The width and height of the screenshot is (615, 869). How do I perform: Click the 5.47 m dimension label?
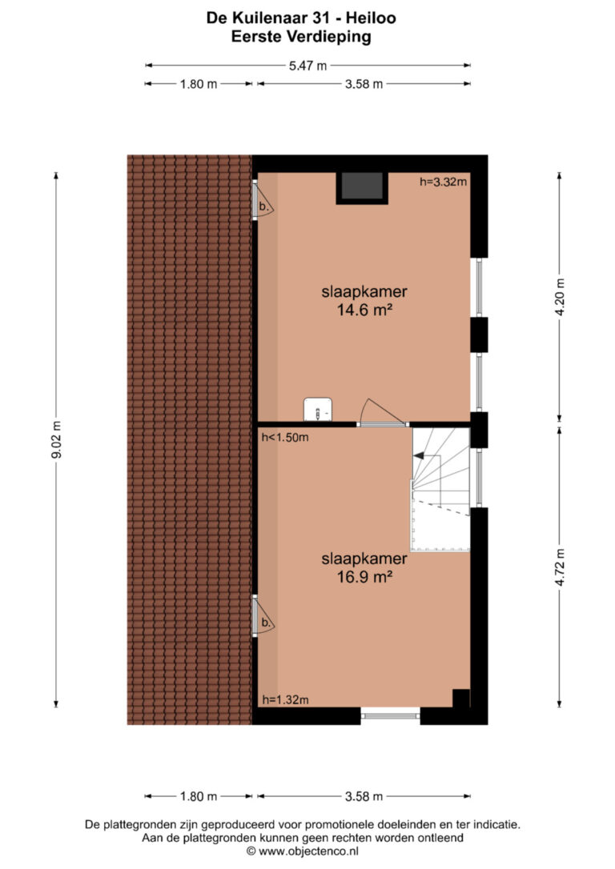(x=307, y=66)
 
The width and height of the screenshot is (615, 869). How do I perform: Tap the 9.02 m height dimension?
(x=56, y=440)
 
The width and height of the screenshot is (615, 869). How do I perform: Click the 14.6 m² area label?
(x=364, y=310)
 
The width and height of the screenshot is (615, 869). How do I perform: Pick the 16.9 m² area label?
(x=364, y=577)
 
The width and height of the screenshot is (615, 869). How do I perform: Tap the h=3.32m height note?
(x=443, y=181)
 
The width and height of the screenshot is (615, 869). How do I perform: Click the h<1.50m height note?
(x=285, y=437)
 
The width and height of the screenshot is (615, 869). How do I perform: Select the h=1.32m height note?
(x=285, y=700)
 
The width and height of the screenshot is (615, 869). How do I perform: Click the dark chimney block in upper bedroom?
(x=362, y=187)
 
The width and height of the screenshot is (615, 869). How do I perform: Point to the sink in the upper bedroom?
(x=317, y=410)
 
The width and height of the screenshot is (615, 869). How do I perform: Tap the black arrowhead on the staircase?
(x=419, y=455)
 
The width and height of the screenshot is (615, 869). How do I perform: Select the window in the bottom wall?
(x=391, y=716)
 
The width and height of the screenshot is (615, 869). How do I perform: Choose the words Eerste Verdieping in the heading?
(x=301, y=37)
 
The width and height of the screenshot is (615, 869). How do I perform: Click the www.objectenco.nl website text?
(x=308, y=851)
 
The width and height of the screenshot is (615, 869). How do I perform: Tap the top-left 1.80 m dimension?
(x=199, y=84)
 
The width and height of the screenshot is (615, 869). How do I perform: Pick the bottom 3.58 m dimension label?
(x=364, y=796)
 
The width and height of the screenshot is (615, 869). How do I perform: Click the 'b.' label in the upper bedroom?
(x=264, y=207)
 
